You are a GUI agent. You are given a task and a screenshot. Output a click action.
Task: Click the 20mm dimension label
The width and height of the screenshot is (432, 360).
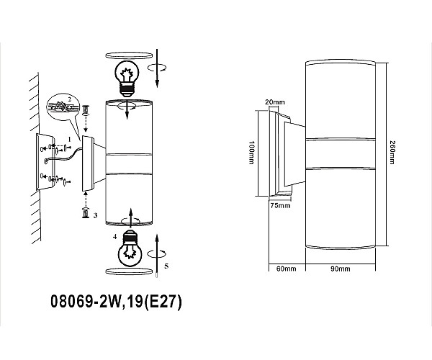275,102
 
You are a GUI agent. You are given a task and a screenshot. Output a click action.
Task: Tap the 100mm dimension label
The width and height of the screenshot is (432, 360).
251,153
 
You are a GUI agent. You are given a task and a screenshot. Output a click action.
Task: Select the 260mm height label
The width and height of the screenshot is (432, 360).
392,153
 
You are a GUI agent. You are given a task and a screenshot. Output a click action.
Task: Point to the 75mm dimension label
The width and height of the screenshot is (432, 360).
280,205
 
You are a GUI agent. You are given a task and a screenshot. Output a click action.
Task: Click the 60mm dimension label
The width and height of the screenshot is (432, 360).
287,269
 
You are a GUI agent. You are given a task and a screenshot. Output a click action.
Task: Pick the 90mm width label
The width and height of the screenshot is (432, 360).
341,269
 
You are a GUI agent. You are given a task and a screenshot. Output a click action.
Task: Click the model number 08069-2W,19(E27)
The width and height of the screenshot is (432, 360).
116,302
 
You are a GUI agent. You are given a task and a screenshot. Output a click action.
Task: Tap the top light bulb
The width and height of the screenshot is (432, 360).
127,78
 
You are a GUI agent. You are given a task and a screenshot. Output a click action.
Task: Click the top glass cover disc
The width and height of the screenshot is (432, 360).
129,55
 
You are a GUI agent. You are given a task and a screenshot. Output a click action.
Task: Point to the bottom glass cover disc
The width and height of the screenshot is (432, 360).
129,271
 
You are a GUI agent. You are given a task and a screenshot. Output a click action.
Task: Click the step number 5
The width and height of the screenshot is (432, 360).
166,266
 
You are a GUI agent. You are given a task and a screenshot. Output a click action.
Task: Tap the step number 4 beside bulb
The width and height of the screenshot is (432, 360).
115,236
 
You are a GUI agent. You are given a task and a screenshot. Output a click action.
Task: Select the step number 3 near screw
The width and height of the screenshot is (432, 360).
95,215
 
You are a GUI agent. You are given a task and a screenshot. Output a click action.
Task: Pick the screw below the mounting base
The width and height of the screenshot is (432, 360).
86,214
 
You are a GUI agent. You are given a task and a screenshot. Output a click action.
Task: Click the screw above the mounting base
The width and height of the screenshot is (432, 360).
86,110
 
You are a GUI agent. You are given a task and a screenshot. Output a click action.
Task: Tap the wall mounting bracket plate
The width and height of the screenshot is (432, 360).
45,162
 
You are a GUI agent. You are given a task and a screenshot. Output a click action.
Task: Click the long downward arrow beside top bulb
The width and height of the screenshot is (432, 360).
157,68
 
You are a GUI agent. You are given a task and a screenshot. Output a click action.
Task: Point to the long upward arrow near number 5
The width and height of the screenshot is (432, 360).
157,256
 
